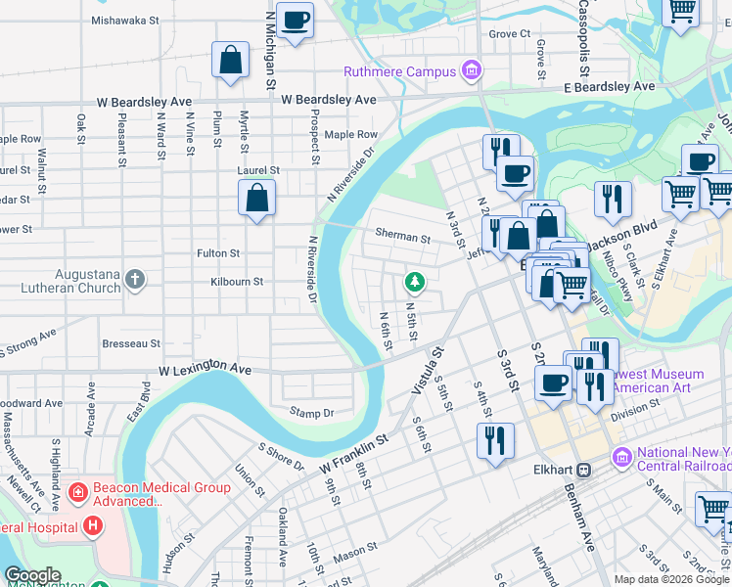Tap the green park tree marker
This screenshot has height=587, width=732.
click(415, 283)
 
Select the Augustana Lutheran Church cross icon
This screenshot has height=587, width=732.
click(135, 281)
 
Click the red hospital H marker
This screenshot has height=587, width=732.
click(93, 527)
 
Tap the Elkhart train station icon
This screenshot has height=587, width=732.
click(584, 469)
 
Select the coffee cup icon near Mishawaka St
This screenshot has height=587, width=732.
click(295, 20)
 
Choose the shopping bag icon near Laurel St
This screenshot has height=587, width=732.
click(256, 200)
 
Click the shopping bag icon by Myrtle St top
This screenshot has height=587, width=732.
click(231, 61)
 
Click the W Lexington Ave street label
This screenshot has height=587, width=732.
click(205, 371)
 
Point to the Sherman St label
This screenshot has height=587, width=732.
click(402, 237)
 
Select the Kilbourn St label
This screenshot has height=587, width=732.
click(238, 281)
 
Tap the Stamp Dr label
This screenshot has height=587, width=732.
click(311, 413)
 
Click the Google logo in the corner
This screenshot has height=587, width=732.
click(31, 575)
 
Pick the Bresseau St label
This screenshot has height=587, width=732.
click(131, 343)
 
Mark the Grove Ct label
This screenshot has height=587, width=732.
click(509, 33)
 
